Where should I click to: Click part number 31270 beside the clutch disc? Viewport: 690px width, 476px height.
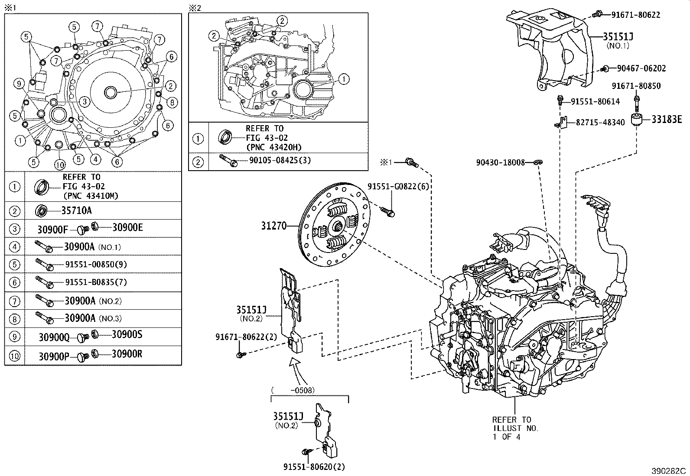coord(273,226)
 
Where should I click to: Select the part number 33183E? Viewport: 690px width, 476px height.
coord(667,119)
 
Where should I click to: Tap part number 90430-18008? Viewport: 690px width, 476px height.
coord(500,162)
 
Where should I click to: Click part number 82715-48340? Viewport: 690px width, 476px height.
coord(600,123)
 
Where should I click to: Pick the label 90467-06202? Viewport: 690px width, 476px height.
coord(641,68)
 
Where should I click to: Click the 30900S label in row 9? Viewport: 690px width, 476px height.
coord(127,335)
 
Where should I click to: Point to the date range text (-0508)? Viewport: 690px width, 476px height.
coord(293,390)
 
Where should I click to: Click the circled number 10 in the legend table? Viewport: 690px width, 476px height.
coord(15,356)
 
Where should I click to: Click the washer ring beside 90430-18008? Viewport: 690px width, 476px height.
coord(537,162)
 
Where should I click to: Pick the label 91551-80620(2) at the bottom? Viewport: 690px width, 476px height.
coord(314,467)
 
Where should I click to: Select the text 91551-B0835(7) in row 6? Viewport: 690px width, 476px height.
coord(96,282)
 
